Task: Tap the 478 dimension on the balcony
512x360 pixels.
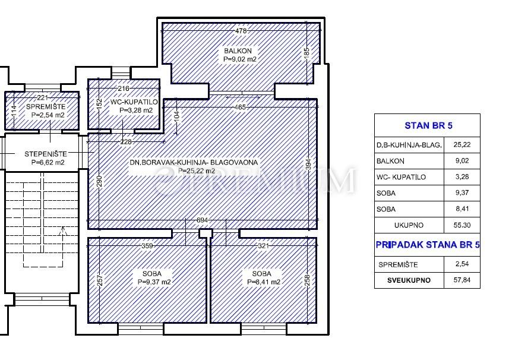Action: point(241,31)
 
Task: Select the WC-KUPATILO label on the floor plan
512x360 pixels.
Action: point(134,102)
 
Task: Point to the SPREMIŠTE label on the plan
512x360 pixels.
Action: point(46,107)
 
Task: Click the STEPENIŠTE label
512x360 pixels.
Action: point(46,154)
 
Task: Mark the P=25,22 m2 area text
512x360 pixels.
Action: point(197,171)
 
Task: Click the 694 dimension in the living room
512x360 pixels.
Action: point(202,220)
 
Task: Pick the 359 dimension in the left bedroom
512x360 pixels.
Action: point(147,246)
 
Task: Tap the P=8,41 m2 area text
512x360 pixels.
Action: point(264,282)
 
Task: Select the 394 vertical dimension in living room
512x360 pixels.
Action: point(308,165)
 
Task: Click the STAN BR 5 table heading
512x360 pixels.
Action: point(428,125)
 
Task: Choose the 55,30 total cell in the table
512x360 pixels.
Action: point(462,225)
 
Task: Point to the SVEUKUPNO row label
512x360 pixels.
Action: point(409,280)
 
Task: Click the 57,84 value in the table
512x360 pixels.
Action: point(462,280)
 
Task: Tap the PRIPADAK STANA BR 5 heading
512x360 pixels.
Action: point(428,245)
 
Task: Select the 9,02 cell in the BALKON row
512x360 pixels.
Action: point(462,161)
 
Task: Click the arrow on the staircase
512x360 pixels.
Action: point(64,231)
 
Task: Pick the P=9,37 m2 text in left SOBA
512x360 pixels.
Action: point(154,282)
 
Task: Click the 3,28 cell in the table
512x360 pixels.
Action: point(462,177)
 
